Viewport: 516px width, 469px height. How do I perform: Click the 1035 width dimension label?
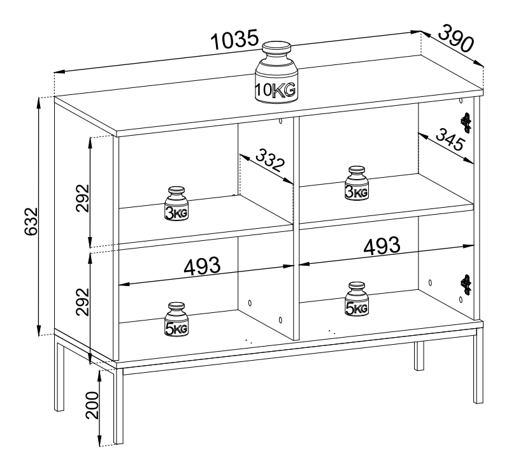tap(234, 40)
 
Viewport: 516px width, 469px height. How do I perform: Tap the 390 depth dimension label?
tap(456, 38)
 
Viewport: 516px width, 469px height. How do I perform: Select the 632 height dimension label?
tap(31, 221)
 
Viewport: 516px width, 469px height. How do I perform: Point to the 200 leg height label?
tap(92, 405)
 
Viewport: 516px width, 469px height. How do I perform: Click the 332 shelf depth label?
tap(269, 161)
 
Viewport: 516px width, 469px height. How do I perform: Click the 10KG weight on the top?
tap(276, 73)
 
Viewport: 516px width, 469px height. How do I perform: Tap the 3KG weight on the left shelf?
tap(176, 203)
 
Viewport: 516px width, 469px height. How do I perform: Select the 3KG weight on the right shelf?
tap(357, 183)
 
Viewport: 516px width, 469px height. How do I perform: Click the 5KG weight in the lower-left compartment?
tap(176, 319)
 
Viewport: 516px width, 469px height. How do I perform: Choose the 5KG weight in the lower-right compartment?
tap(357, 299)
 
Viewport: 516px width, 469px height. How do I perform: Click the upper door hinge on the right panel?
tap(466, 123)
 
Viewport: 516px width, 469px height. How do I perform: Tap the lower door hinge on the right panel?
tap(466, 284)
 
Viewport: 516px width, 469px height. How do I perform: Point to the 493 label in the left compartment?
tap(202, 266)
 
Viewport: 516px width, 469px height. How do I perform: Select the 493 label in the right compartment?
tap(382, 245)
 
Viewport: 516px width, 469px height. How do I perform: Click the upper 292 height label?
tap(83, 198)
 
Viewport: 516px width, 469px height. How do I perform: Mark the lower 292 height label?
tap(83, 302)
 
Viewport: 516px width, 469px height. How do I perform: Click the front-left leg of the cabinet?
tap(118, 406)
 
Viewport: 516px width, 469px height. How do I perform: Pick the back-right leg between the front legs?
tap(419, 356)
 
